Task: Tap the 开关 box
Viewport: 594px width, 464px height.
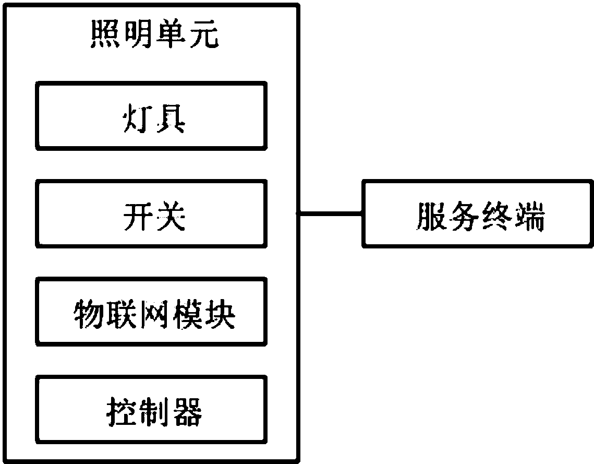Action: (151, 212)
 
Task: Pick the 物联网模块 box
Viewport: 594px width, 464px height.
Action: (151, 311)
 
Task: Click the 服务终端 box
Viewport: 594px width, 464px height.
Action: (478, 213)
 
